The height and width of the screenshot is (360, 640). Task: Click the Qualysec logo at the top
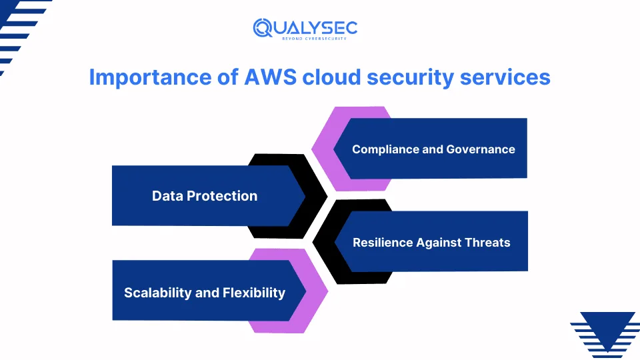coord(305,27)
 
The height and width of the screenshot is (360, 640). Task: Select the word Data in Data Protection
coord(167,196)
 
